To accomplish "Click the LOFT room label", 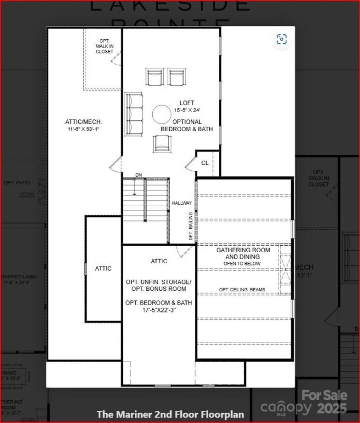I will click(x=187, y=103).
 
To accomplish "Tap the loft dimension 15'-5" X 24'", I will click(x=187, y=110).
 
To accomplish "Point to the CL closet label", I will click(x=205, y=163).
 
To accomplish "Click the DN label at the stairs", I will click(x=139, y=175).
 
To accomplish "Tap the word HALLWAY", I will click(x=182, y=203).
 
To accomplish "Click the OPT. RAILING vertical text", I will click(x=191, y=226).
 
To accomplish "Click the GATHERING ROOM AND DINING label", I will click(x=243, y=253).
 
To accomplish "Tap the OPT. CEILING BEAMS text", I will click(x=243, y=290).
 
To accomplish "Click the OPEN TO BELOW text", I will click(x=243, y=263).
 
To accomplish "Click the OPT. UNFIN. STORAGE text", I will click(x=159, y=282).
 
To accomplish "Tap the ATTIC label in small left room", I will click(x=103, y=268).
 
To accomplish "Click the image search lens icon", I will click(x=282, y=40).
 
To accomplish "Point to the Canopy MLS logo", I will click(x=286, y=408).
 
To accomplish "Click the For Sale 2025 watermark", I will click(x=325, y=401).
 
